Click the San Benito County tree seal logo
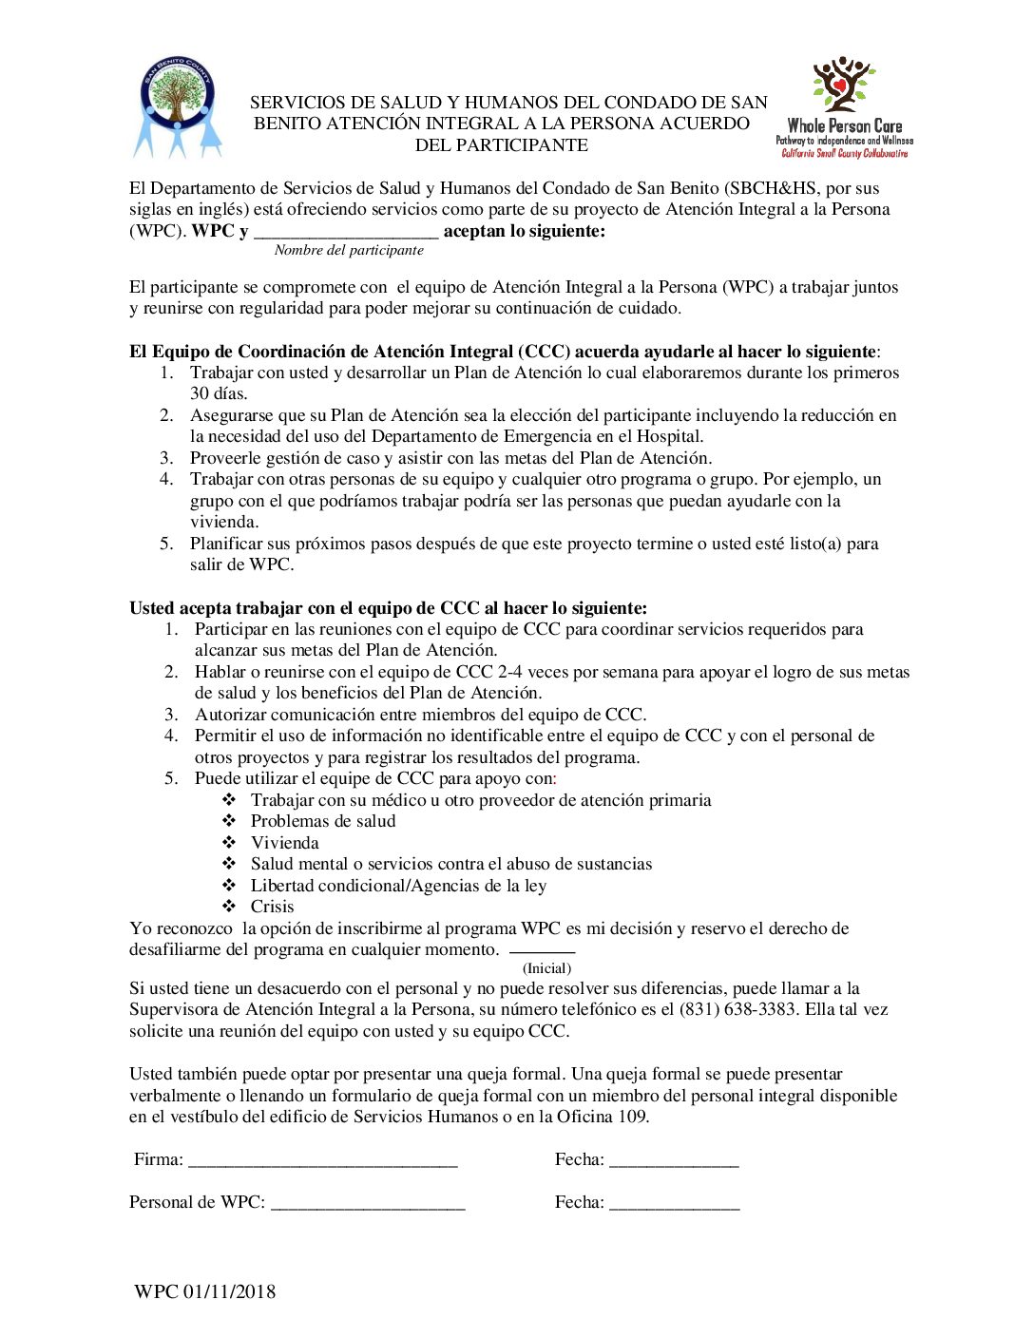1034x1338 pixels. tap(177, 105)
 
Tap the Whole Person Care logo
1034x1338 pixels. tap(844, 106)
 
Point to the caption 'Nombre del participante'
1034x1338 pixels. tap(349, 250)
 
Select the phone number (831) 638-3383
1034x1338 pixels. tap(737, 1009)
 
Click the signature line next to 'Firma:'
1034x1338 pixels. tap(323, 1161)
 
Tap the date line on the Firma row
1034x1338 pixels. tap(674, 1161)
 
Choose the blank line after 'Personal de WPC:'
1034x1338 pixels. tap(368, 1204)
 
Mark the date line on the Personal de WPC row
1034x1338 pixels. tap(674, 1204)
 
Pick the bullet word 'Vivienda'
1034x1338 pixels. tap(284, 843)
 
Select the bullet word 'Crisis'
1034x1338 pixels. tap(272, 907)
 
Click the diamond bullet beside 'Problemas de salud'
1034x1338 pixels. tap(229, 821)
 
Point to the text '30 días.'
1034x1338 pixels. tap(219, 393)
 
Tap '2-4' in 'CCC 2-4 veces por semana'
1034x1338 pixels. tap(509, 672)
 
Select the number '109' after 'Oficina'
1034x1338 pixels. tap(631, 1117)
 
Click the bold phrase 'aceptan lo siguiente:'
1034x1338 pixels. tap(524, 231)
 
